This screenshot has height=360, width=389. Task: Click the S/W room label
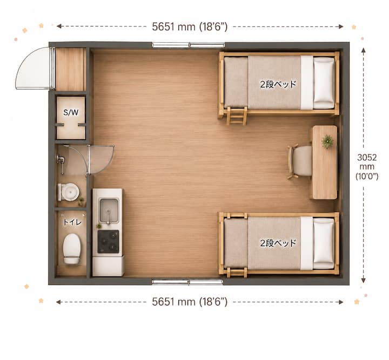pyautogui.click(x=71, y=112)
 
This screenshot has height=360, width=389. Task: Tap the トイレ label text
pyautogui.click(x=72, y=222)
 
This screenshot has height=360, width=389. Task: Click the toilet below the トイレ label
pyautogui.click(x=72, y=249)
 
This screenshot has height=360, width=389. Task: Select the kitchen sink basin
pyautogui.click(x=109, y=210)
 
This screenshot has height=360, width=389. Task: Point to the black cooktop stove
pyautogui.click(x=108, y=242)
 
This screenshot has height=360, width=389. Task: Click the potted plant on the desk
pyautogui.click(x=327, y=141)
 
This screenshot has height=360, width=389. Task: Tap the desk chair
pyautogui.click(x=300, y=161)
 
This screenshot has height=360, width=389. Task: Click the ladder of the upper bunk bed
pyautogui.click(x=237, y=116)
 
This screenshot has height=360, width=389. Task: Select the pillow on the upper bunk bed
pyautogui.click(x=324, y=83)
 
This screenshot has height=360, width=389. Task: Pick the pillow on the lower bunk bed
pyautogui.click(x=324, y=243)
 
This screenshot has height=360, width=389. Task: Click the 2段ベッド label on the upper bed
pyautogui.click(x=278, y=84)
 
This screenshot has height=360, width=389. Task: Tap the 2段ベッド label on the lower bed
pyautogui.click(x=278, y=243)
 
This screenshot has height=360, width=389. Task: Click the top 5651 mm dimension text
pyautogui.click(x=190, y=26)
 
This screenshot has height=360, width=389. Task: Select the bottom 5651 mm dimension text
pyautogui.click(x=190, y=302)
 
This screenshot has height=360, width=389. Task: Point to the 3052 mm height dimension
pyautogui.click(x=367, y=167)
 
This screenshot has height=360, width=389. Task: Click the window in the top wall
pyautogui.click(x=189, y=45)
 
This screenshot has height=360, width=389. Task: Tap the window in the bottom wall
pyautogui.click(x=187, y=282)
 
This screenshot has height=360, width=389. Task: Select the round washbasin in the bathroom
pyautogui.click(x=70, y=192)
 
